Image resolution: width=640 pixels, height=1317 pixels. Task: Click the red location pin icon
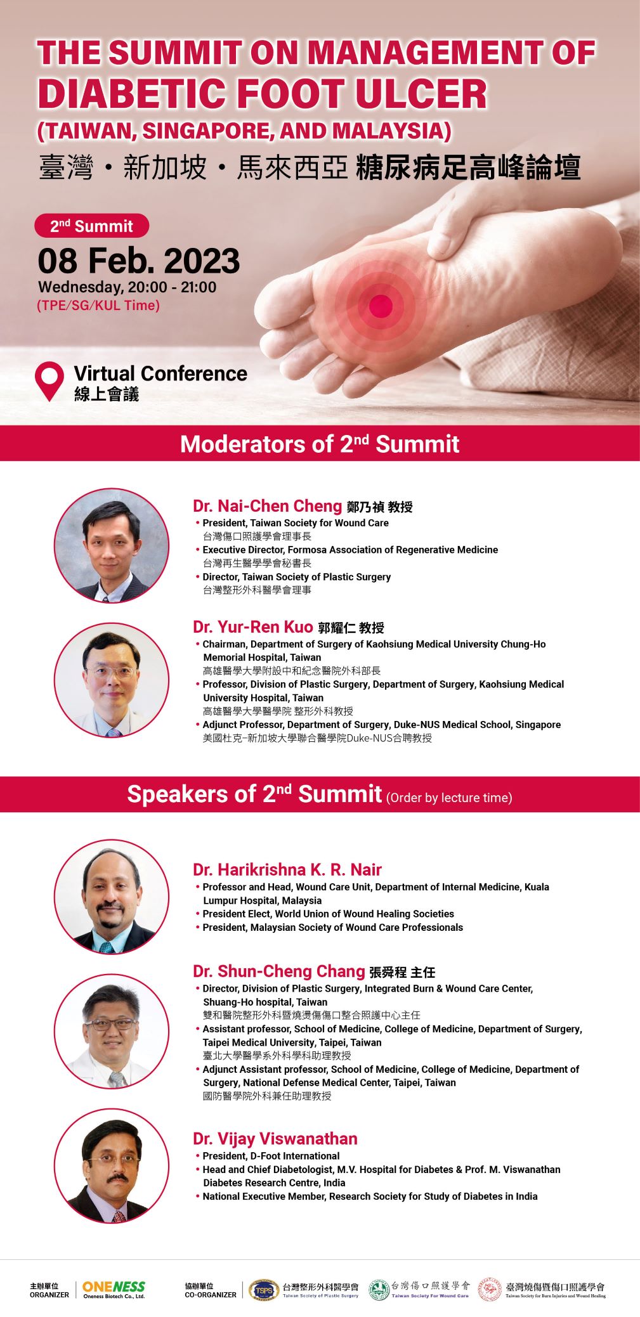(49, 379)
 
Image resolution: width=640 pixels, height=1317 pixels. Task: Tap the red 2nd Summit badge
(91, 226)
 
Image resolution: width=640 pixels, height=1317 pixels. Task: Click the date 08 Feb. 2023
(139, 261)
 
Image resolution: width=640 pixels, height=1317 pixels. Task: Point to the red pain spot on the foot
(381, 306)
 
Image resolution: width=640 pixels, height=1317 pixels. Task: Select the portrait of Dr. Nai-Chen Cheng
(112, 545)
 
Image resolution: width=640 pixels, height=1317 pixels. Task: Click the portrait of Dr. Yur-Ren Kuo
(112, 680)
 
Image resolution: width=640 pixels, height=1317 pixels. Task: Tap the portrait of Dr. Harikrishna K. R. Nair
(112, 897)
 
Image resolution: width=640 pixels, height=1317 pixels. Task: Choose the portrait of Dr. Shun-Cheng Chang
(112, 1031)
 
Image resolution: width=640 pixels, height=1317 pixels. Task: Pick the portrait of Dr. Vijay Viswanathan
(112, 1165)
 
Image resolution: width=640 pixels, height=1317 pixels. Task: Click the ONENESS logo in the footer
(114, 1290)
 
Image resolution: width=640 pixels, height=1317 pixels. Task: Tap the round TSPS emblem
(264, 1290)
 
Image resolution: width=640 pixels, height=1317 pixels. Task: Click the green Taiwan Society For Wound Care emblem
(379, 1290)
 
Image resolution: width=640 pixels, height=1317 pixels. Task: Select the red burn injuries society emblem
(489, 1290)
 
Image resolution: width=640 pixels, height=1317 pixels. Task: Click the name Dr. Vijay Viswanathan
(275, 1139)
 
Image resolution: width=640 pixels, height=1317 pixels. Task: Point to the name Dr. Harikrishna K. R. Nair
(287, 869)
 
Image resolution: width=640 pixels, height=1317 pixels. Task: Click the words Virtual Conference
(160, 373)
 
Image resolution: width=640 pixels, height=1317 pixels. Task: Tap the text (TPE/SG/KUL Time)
(98, 306)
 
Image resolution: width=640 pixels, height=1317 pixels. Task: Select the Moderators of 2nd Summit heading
(320, 443)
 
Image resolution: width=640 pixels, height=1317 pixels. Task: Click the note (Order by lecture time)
(449, 798)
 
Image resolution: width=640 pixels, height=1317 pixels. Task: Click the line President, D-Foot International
(271, 1156)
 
